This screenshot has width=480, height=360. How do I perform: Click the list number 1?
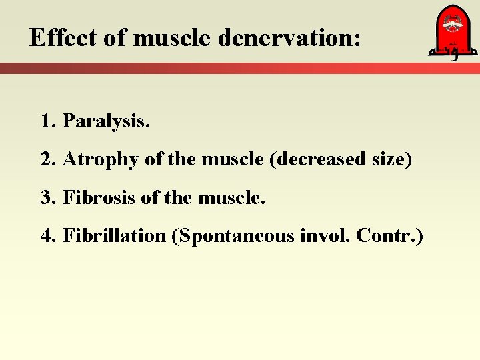pyautogui.click(x=46, y=122)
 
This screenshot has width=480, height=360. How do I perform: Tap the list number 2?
pyautogui.click(x=46, y=160)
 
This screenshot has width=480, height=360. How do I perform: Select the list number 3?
pyautogui.click(x=46, y=198)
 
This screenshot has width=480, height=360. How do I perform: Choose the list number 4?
pyautogui.click(x=46, y=236)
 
